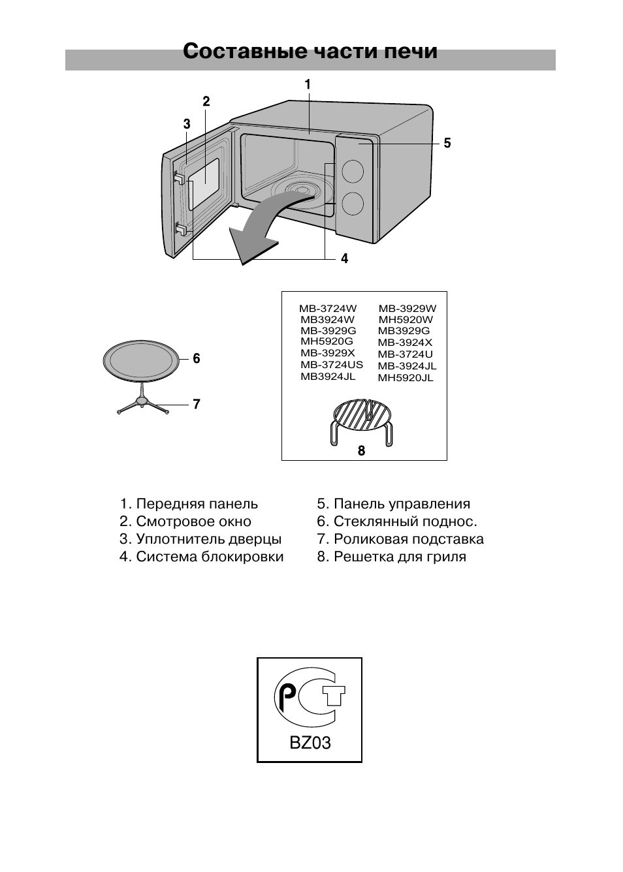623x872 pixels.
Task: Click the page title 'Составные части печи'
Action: coord(310,52)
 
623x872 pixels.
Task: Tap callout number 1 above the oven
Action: coord(307,84)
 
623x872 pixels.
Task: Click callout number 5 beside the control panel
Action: coord(447,144)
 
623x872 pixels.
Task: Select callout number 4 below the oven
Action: coord(344,259)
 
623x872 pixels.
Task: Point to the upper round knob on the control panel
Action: coord(352,171)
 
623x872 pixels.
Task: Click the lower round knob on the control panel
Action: coord(352,204)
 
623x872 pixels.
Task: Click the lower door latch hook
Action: coord(181,228)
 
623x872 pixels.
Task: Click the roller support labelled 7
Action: coord(142,404)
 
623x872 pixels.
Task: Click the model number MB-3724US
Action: coord(331,365)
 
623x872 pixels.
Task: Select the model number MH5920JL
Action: coord(406,378)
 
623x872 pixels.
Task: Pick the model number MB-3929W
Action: coord(407,309)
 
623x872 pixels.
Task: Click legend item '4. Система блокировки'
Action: coord(201,557)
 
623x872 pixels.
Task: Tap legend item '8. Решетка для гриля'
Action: coord(391,557)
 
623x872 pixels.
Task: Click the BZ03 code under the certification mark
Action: coord(310,743)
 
